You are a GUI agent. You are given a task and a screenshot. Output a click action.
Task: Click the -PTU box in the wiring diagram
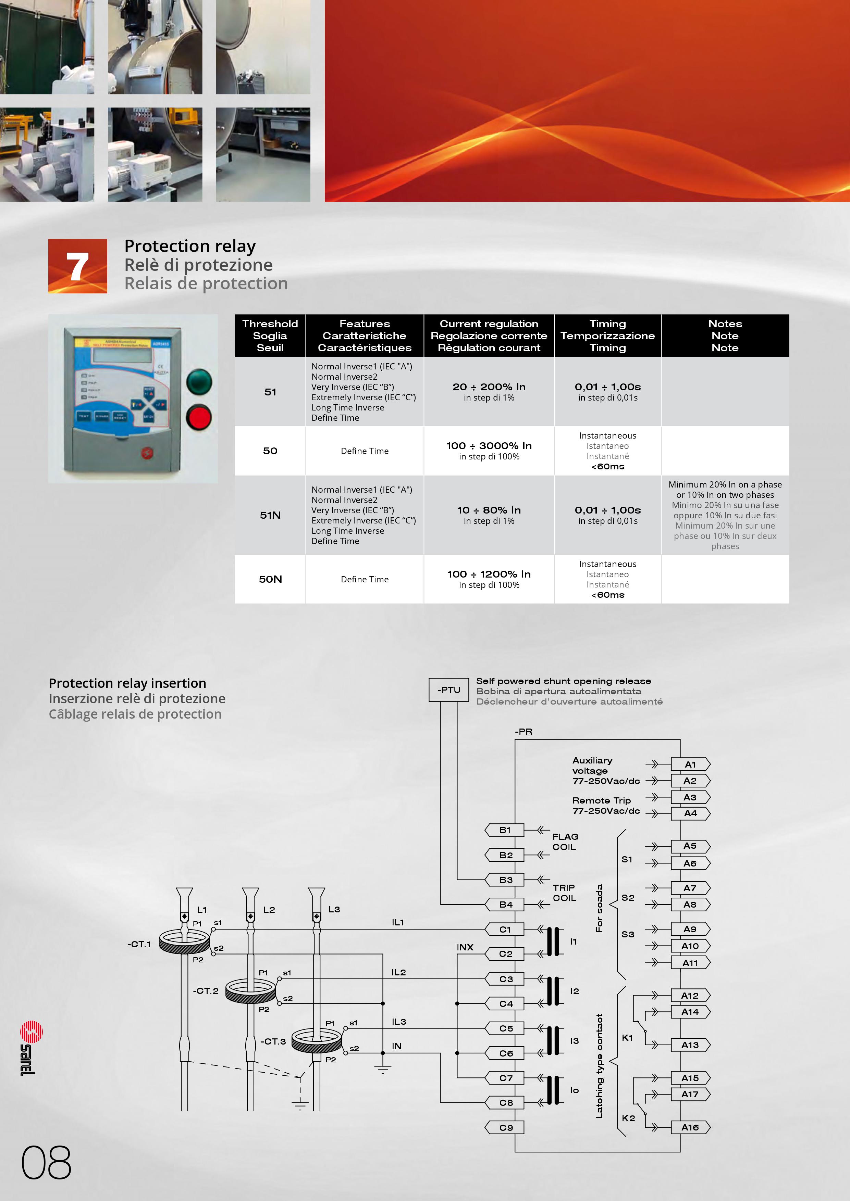coord(448,690)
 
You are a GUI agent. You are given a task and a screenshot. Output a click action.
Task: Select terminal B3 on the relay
coord(505,880)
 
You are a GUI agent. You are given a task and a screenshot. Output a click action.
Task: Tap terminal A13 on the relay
coord(690,1045)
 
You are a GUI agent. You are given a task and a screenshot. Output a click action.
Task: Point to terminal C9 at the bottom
coord(505,1127)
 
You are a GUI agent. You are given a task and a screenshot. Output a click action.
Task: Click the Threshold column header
coord(270,336)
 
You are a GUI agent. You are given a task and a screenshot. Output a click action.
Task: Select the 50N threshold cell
coord(270,579)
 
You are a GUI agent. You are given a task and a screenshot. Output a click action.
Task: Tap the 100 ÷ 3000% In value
coord(489,446)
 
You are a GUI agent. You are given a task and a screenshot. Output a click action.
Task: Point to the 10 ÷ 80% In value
coord(489,510)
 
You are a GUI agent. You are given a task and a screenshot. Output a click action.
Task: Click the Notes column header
coord(725,336)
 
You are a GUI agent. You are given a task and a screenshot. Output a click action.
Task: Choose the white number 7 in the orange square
coord(77,267)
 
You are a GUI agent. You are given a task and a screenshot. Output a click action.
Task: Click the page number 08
coord(46,1162)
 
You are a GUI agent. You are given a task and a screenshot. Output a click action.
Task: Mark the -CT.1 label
coord(139,944)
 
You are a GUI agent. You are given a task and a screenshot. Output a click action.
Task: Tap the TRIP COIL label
coord(564,893)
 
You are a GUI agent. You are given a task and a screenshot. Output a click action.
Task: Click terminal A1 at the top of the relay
coord(690,764)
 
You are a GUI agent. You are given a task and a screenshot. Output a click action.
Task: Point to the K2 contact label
coord(628,1118)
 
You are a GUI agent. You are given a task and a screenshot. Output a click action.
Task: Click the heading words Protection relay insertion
coord(127,683)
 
